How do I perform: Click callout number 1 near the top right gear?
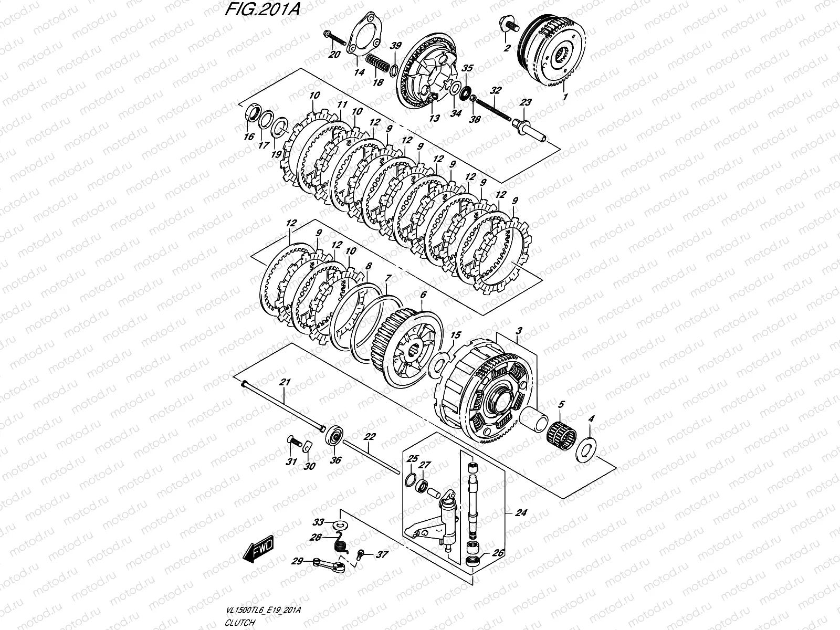click(x=565, y=97)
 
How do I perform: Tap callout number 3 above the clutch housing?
click(x=518, y=331)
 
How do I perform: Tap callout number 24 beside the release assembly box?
click(x=520, y=513)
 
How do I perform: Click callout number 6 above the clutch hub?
click(x=423, y=295)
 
